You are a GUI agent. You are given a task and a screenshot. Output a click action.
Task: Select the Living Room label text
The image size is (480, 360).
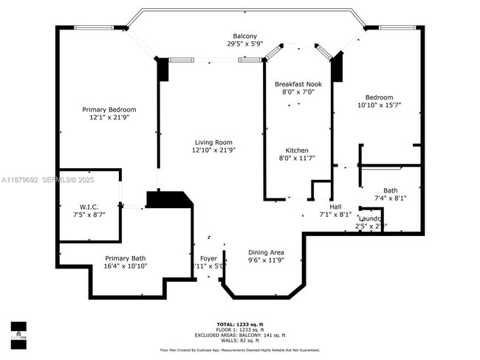pos(213,142)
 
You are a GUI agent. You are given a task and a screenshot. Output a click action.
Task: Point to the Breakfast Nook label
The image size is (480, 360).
pos(298,84)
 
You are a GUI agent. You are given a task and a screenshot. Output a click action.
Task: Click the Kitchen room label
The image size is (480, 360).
pos(297,150)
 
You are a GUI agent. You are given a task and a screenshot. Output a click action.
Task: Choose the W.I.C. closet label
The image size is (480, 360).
pos(89,207)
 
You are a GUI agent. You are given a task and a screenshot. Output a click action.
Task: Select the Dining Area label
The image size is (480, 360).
pos(266,252)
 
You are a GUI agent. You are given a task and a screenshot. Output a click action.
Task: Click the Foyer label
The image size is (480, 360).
pos(209,258)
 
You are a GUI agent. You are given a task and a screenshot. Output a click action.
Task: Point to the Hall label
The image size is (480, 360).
pos(335,207)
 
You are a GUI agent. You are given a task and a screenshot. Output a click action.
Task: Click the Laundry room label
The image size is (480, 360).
pos(370,219)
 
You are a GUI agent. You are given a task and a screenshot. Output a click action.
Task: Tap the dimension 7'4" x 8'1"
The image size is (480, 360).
pos(391,198)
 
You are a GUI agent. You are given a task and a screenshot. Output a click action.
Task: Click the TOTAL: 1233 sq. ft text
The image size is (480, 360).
pos(239,325)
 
